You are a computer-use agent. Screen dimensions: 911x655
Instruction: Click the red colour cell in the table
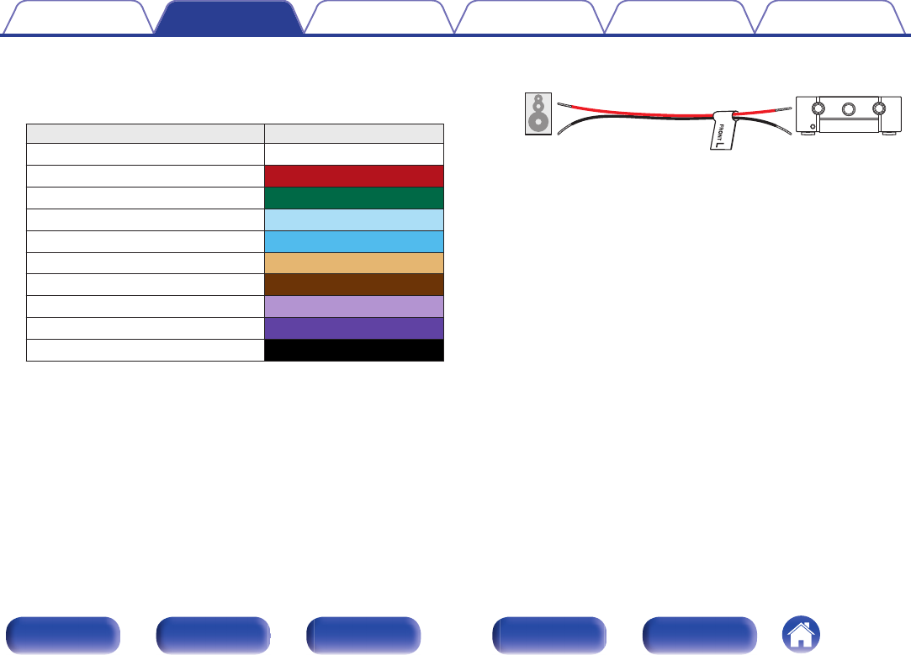click(x=354, y=176)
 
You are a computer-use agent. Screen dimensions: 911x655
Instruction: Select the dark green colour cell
click(x=354, y=198)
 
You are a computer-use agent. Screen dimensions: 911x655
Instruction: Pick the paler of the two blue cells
click(x=354, y=219)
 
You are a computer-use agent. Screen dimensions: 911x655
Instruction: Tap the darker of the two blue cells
click(x=354, y=241)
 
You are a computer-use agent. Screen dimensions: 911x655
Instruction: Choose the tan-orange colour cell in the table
click(x=354, y=263)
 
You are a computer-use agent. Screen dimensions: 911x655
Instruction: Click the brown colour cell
click(x=354, y=285)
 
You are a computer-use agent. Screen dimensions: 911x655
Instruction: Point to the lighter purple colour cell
click(x=354, y=306)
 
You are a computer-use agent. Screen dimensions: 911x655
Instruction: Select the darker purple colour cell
click(x=354, y=328)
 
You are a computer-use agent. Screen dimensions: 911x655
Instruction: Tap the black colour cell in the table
click(x=354, y=350)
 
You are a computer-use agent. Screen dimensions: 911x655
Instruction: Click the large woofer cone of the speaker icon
click(x=537, y=122)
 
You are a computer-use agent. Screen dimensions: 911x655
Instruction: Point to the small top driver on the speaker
click(x=537, y=103)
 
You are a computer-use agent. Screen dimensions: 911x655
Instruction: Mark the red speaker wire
click(x=639, y=114)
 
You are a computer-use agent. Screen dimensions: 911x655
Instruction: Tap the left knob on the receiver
click(x=817, y=108)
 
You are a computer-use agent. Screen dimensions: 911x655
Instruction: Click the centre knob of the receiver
click(x=848, y=108)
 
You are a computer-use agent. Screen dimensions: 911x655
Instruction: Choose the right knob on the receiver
click(x=880, y=108)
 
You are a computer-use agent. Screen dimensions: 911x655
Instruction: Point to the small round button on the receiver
click(x=812, y=127)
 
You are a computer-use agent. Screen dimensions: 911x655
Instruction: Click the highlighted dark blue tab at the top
click(x=230, y=18)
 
